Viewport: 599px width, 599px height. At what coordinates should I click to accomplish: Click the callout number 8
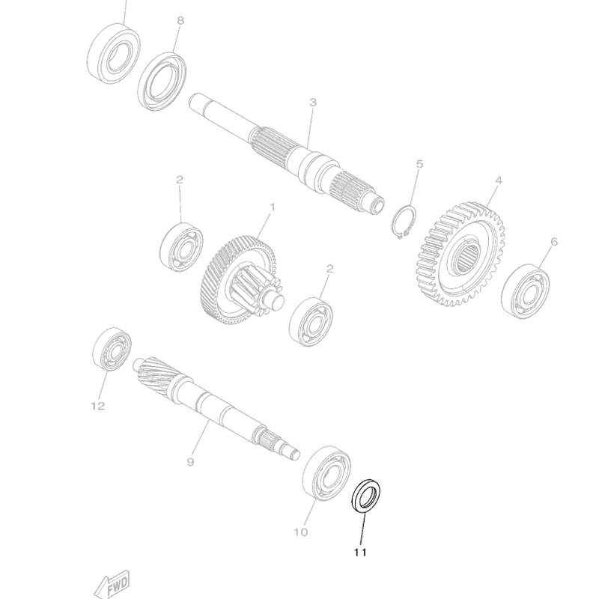tap(180, 21)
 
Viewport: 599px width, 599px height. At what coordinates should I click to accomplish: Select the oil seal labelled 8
tap(162, 79)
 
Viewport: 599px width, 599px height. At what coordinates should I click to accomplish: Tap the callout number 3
tap(314, 102)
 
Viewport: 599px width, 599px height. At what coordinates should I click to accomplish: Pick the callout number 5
tap(419, 163)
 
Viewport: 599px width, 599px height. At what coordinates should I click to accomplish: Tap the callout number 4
tap(497, 180)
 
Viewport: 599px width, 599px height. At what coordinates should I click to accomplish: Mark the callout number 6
tap(554, 242)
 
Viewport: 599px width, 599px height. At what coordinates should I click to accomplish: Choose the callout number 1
tap(273, 207)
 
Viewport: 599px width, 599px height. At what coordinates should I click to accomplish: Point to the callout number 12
tap(98, 407)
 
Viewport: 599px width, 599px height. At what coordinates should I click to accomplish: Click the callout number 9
tap(190, 463)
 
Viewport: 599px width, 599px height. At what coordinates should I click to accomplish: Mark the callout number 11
tap(360, 553)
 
